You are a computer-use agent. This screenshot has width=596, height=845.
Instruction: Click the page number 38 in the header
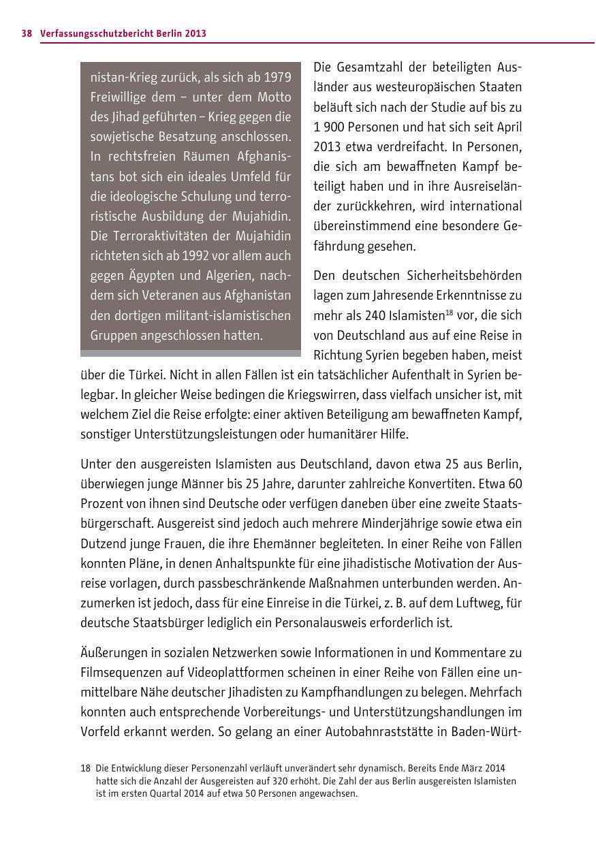click(27, 33)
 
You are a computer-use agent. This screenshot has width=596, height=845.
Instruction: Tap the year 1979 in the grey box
click(277, 77)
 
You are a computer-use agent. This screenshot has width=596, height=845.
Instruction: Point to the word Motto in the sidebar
click(274, 97)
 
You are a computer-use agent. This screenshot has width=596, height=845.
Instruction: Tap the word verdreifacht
click(408, 146)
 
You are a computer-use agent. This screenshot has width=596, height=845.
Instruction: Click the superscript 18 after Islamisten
click(450, 312)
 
